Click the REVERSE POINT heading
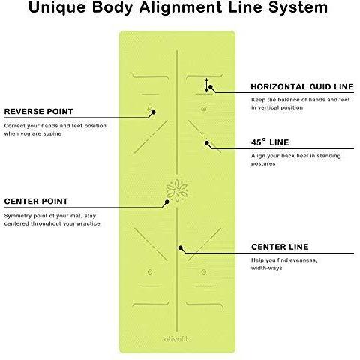coord(39,112)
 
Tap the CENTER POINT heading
coord(36,202)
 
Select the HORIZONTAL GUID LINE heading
coord(302,87)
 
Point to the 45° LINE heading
coord(270,142)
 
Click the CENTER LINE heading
coord(280,247)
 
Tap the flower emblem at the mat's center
coord(177,190)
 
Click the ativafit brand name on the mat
coord(175,339)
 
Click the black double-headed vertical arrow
coord(207,85)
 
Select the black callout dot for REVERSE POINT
coord(154,112)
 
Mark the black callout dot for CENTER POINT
coord(167,202)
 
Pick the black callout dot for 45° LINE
coord(207,143)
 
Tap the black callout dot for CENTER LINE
coord(180,247)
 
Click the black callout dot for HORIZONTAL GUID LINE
coord(211,87)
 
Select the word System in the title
coord(298,8)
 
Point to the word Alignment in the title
coord(181,7)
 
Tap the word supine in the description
coord(52,134)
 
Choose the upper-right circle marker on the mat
coord(204,109)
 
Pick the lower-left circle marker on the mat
coord(150,271)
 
